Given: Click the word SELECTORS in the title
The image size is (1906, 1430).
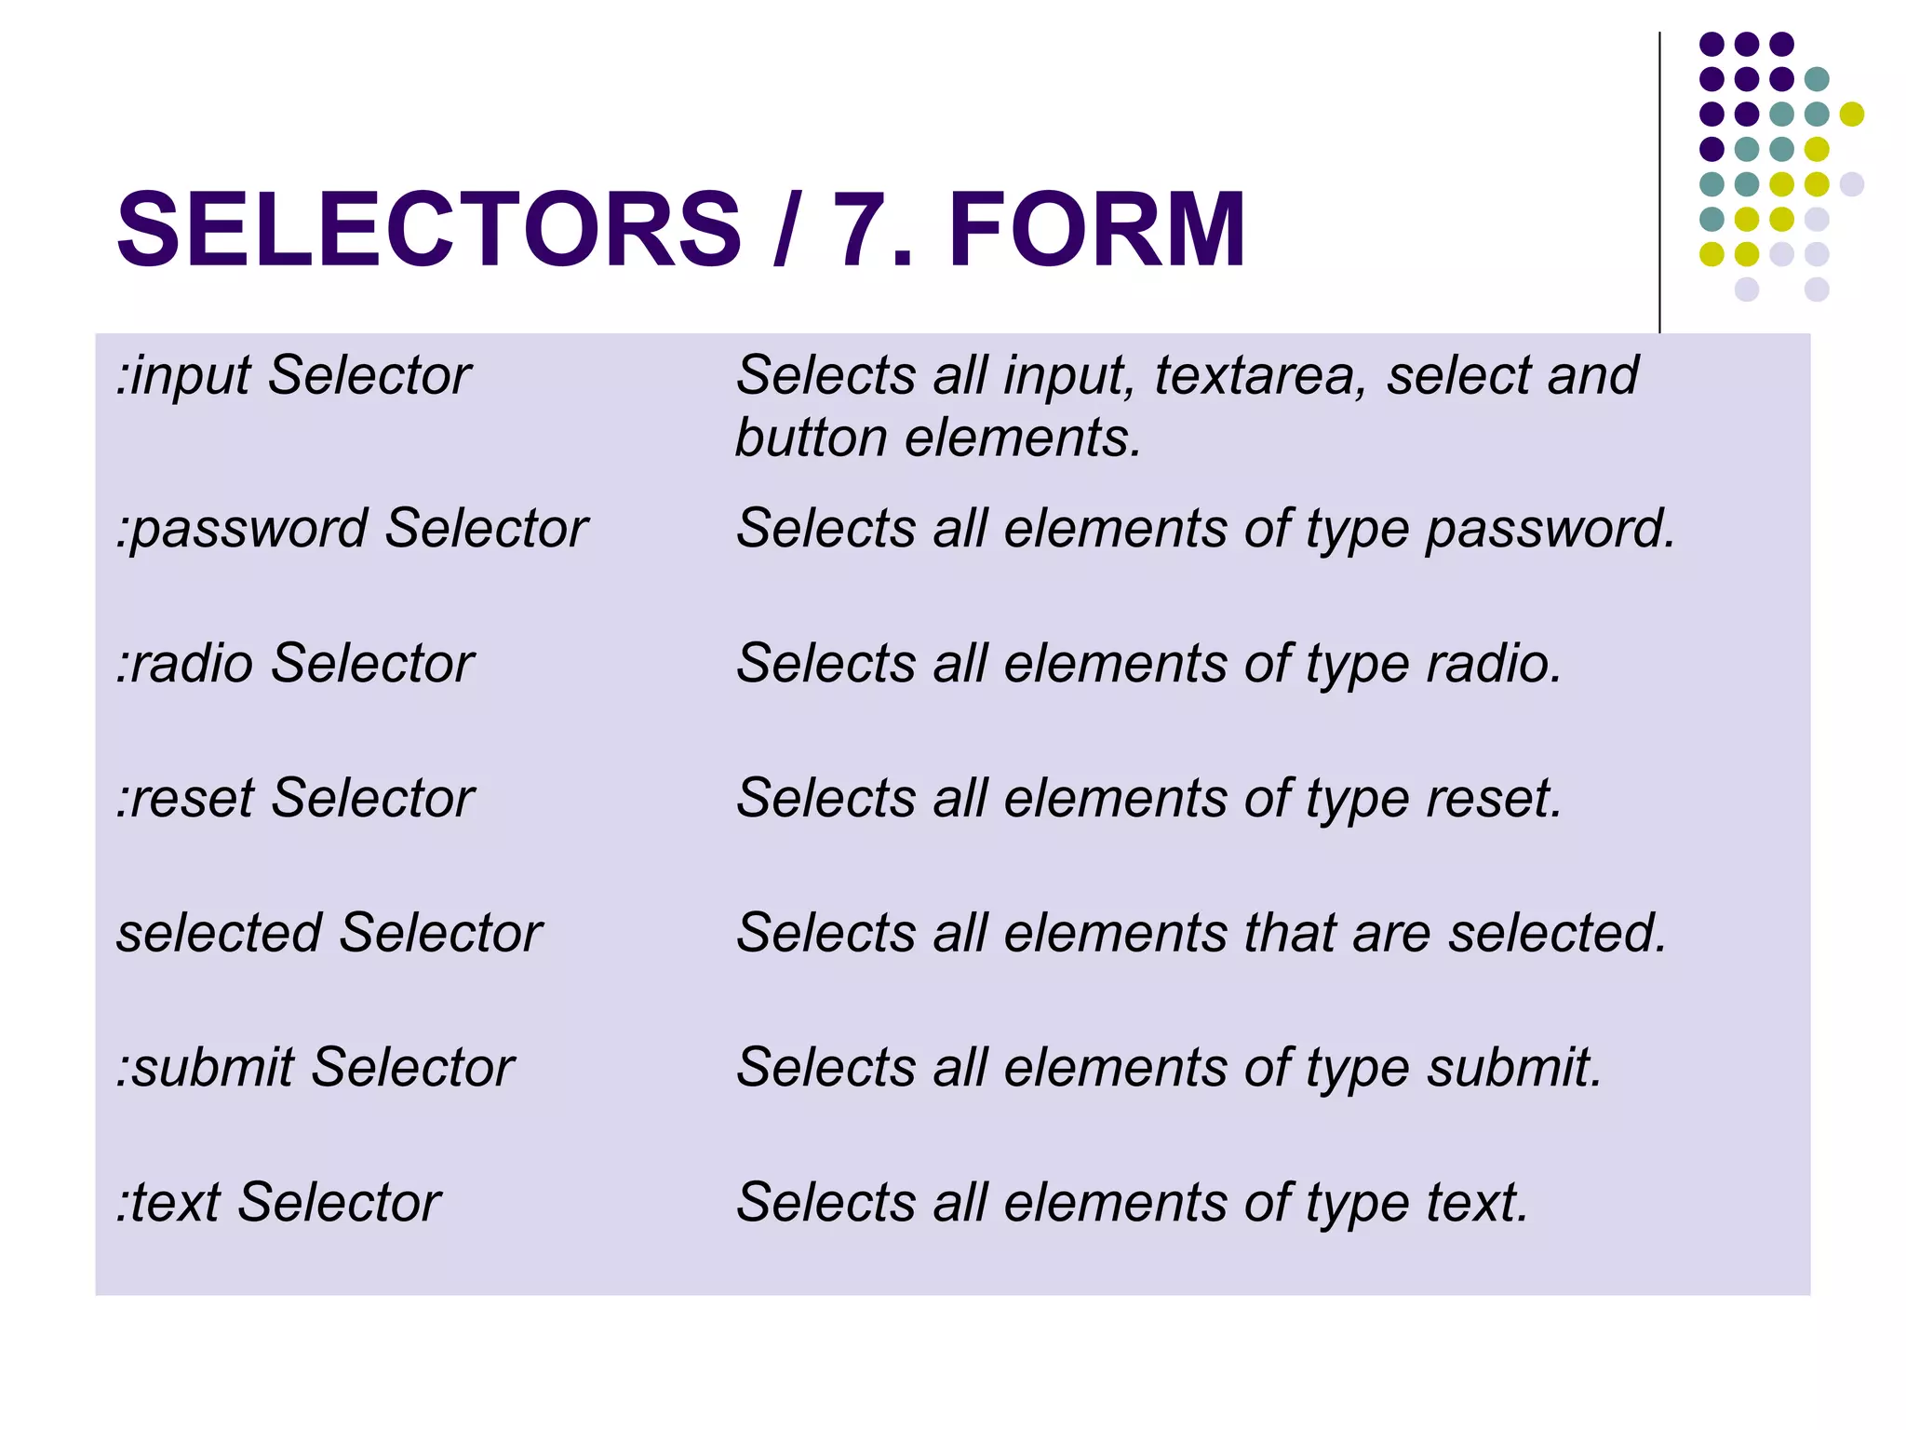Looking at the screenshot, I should click(x=428, y=229).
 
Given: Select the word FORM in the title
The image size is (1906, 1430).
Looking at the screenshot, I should click(x=1096, y=229).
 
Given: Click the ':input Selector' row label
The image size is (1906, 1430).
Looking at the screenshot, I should click(x=293, y=376).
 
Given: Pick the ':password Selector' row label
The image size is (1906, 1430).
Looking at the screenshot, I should click(x=352, y=529).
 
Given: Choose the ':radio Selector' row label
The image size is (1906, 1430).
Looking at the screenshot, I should click(x=295, y=664).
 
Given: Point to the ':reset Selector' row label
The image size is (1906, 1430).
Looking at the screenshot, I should click(x=295, y=799).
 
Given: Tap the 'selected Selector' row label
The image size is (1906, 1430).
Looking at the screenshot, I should click(x=329, y=933).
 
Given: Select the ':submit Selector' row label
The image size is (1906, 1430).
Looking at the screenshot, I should click(x=315, y=1068).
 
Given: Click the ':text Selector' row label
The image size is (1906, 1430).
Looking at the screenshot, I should click(x=278, y=1203).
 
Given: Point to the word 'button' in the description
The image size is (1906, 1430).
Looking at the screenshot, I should click(x=811, y=438).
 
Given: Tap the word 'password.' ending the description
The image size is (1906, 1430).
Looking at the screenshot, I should click(x=1550, y=529).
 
